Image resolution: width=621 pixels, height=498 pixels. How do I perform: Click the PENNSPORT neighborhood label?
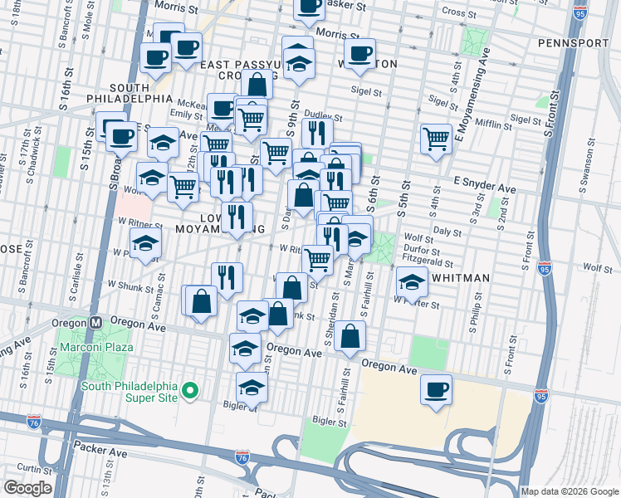[x=574, y=42]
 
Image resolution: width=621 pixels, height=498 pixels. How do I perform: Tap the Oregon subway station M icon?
[x=96, y=322]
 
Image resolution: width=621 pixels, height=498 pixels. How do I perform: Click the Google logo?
[x=27, y=488]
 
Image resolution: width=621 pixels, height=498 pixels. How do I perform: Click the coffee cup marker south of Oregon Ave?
[x=437, y=389]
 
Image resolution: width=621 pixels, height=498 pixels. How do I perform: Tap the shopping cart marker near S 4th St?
[x=436, y=139]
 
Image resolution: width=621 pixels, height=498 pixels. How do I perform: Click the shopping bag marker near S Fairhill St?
[x=351, y=335]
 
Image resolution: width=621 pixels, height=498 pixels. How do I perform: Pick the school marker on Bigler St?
[x=252, y=387]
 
